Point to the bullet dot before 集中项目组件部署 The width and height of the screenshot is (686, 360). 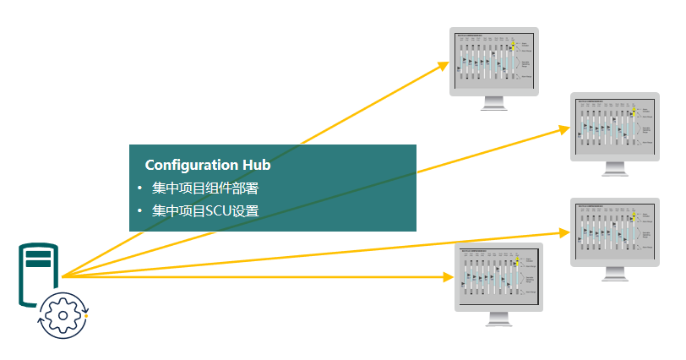[x=139, y=188]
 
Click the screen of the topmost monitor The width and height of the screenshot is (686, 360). [x=494, y=60]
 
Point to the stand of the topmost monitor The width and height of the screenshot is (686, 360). [x=494, y=103]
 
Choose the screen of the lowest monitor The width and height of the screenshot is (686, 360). [x=499, y=275]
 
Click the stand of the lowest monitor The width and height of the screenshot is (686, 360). [x=499, y=319]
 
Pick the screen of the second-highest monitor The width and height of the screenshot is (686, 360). [x=614, y=126]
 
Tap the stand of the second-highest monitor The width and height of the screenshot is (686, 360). [x=614, y=170]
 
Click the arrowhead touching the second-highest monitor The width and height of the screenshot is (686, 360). [x=565, y=129]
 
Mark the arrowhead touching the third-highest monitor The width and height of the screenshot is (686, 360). [x=565, y=230]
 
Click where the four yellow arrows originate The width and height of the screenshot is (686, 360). [x=63, y=276]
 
